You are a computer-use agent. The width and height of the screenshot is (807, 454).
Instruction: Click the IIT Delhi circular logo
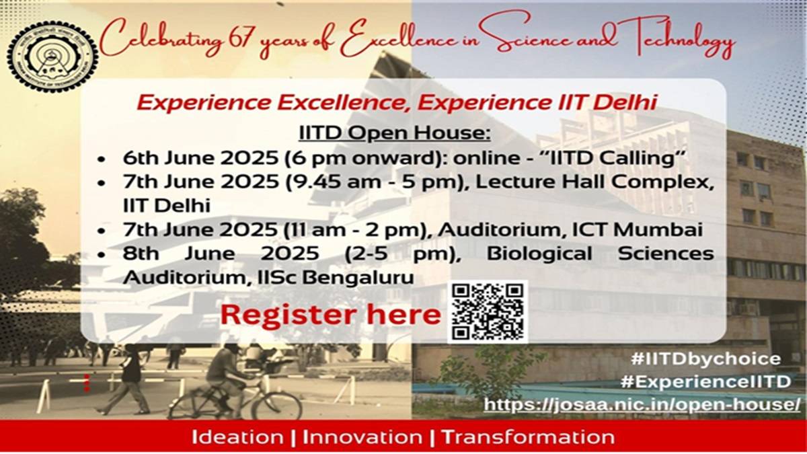click(52, 57)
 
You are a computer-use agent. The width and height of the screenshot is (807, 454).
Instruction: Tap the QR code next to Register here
click(488, 312)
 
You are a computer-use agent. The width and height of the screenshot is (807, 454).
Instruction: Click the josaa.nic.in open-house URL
click(642, 404)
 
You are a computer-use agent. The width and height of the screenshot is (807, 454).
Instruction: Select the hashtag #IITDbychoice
click(705, 359)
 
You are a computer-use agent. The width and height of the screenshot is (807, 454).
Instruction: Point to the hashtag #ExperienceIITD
click(705, 381)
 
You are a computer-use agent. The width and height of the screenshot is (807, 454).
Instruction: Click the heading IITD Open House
click(395, 133)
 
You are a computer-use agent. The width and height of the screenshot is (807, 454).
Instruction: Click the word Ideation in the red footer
click(237, 437)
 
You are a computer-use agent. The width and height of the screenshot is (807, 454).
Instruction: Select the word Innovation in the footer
click(362, 437)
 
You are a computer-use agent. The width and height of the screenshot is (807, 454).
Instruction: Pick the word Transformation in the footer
click(528, 437)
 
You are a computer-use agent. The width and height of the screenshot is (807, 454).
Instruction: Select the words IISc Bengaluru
click(336, 277)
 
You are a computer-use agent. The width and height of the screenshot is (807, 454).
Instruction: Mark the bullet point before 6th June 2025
click(102, 159)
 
